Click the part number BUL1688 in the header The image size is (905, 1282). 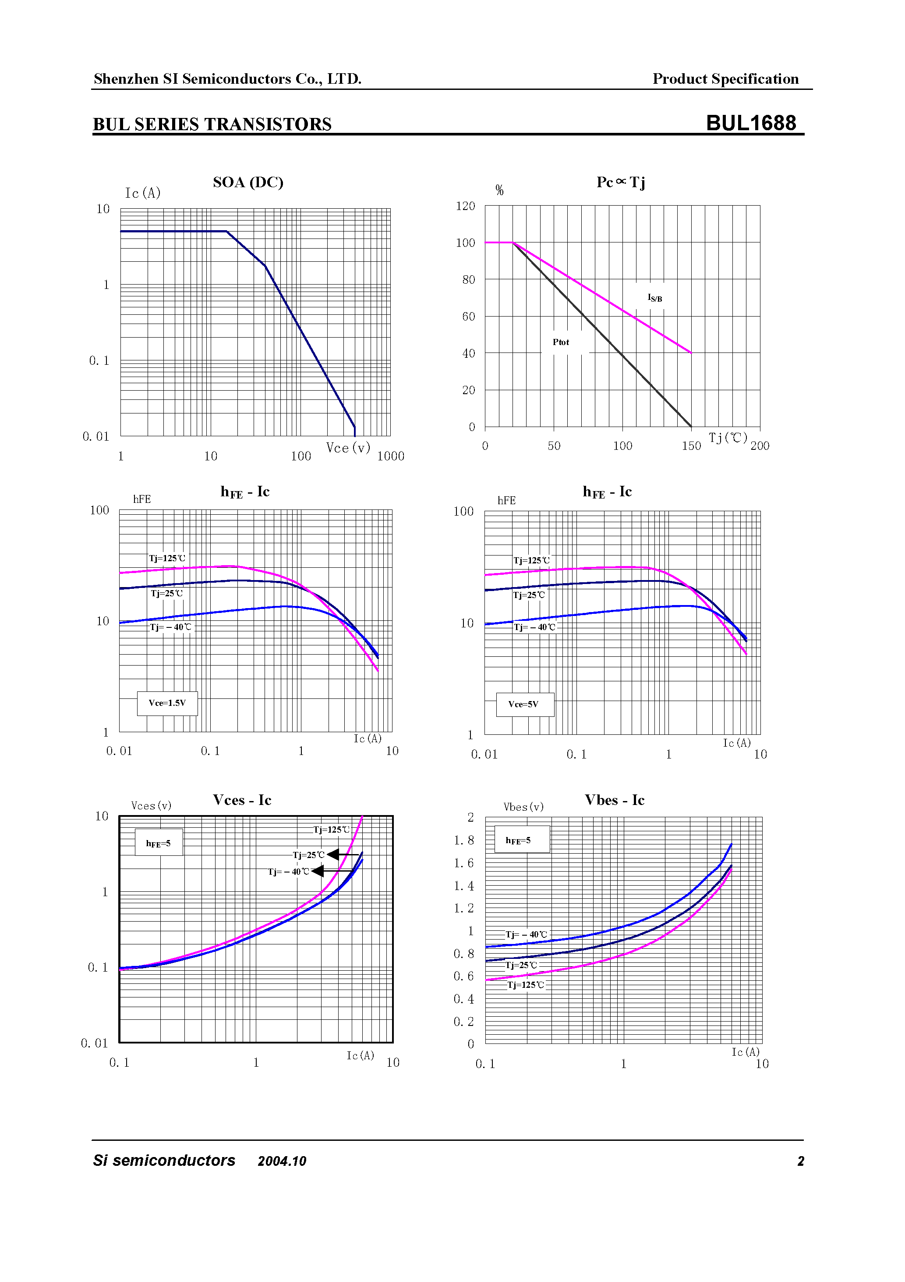coord(750,123)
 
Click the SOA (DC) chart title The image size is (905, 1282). coord(248,182)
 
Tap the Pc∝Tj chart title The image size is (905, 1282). coord(620,182)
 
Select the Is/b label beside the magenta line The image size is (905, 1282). coord(654,298)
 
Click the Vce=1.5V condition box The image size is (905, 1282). coord(167,703)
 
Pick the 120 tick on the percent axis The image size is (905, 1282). coord(465,206)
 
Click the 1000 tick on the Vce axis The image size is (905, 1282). coord(391,456)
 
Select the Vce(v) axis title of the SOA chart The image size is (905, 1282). coord(348,448)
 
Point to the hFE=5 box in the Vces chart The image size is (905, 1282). coord(159,843)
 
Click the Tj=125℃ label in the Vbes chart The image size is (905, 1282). coord(526,985)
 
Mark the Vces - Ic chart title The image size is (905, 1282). coord(242,800)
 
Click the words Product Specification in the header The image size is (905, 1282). coord(725,79)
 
